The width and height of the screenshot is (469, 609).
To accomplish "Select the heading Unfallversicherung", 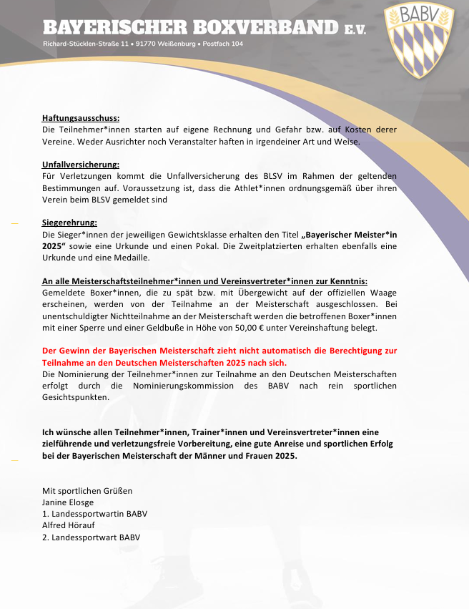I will (81, 165).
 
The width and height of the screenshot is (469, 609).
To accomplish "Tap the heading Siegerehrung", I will (69, 223).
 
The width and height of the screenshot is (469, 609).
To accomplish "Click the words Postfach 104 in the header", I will (223, 45).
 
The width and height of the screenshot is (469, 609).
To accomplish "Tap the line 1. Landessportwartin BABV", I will (94, 514).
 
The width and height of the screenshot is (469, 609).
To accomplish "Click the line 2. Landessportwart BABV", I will (91, 537).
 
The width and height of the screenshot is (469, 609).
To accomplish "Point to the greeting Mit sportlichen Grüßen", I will (87, 491).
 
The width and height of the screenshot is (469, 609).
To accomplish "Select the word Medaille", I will (129, 258).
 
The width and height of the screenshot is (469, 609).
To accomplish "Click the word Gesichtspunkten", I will (75, 397).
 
